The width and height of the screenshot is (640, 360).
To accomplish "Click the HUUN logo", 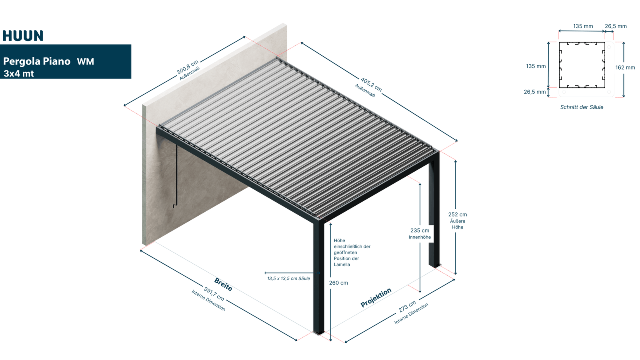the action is (x=23, y=36).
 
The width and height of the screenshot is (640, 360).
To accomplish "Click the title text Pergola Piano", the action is (x=37, y=62).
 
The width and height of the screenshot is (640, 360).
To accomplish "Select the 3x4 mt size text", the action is (x=19, y=74).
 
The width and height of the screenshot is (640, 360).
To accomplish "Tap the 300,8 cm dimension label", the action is (x=188, y=67).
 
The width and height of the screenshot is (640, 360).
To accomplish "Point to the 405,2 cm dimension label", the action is (x=371, y=84).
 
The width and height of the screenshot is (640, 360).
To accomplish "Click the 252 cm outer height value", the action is (x=458, y=214).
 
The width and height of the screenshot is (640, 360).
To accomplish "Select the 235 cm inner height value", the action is (x=420, y=230).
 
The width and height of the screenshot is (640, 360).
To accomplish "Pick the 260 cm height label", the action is (x=338, y=283).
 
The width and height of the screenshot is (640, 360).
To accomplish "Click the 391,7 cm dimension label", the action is (x=214, y=294).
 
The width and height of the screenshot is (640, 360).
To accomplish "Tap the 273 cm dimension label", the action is (x=407, y=306).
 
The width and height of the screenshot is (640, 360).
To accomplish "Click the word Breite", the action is (x=223, y=284).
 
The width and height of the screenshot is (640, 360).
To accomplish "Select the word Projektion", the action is (x=376, y=298).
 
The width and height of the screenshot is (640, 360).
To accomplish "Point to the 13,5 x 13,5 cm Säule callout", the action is (x=288, y=278).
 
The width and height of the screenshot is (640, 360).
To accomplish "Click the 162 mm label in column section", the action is (x=625, y=68).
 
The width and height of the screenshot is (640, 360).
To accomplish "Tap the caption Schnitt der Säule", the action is (x=582, y=107).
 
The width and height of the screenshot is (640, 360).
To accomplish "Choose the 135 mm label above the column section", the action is (x=583, y=26).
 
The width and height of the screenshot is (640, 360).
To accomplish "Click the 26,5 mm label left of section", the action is (x=535, y=92).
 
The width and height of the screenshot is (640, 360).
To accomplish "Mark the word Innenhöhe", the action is (x=420, y=237).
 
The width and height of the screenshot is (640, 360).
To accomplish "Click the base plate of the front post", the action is (x=319, y=333).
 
